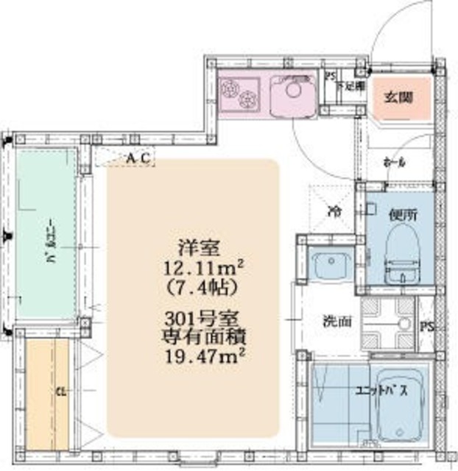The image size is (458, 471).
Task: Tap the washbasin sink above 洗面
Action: coord(328,263)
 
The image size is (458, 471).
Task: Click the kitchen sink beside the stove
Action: coord(293,96)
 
